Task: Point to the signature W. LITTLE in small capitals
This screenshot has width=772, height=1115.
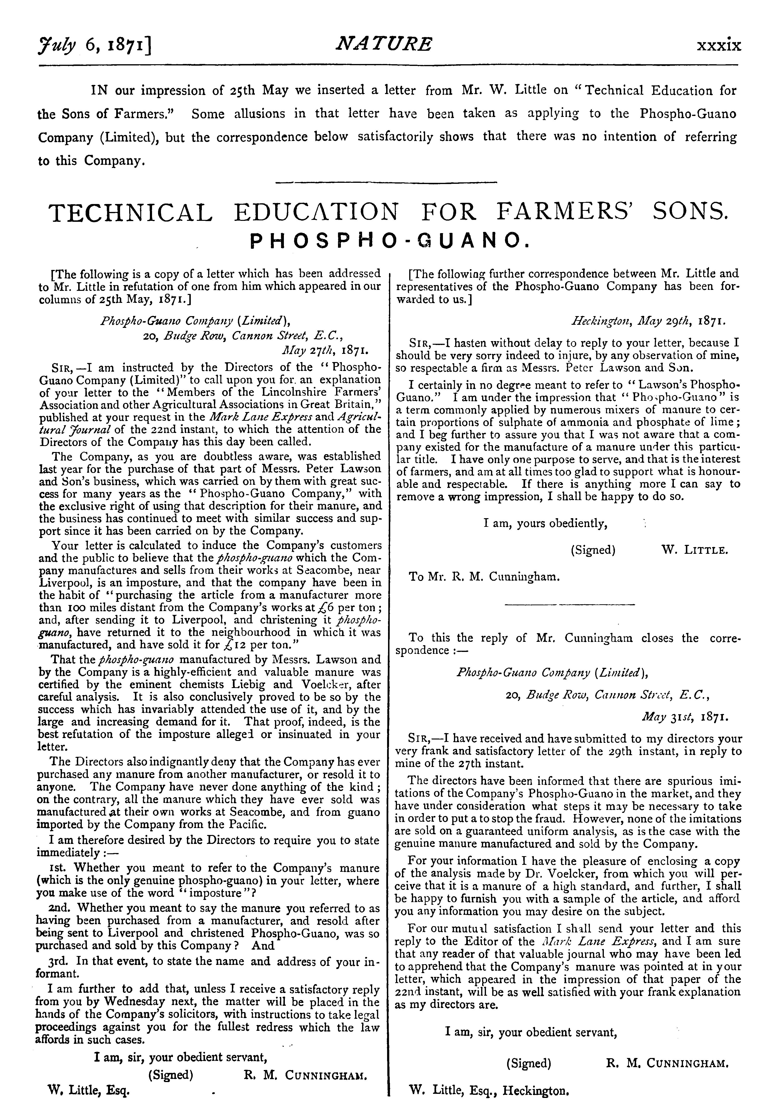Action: pos(694,550)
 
